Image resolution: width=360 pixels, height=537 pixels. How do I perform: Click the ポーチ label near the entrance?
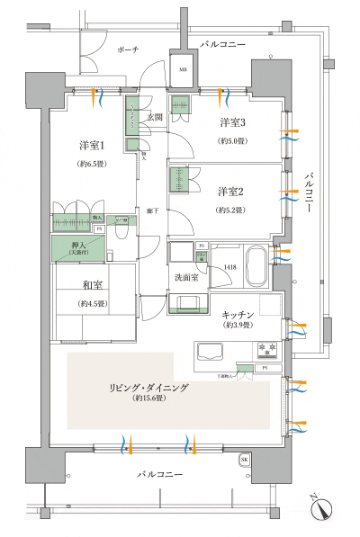pos(127,50)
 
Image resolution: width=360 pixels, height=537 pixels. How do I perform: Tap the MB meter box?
pos(182,70)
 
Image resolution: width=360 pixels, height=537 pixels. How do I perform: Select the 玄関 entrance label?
pos(154,117)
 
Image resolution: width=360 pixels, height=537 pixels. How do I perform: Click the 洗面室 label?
pos(186,278)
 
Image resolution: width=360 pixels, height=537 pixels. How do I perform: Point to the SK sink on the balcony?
pos(244,461)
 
